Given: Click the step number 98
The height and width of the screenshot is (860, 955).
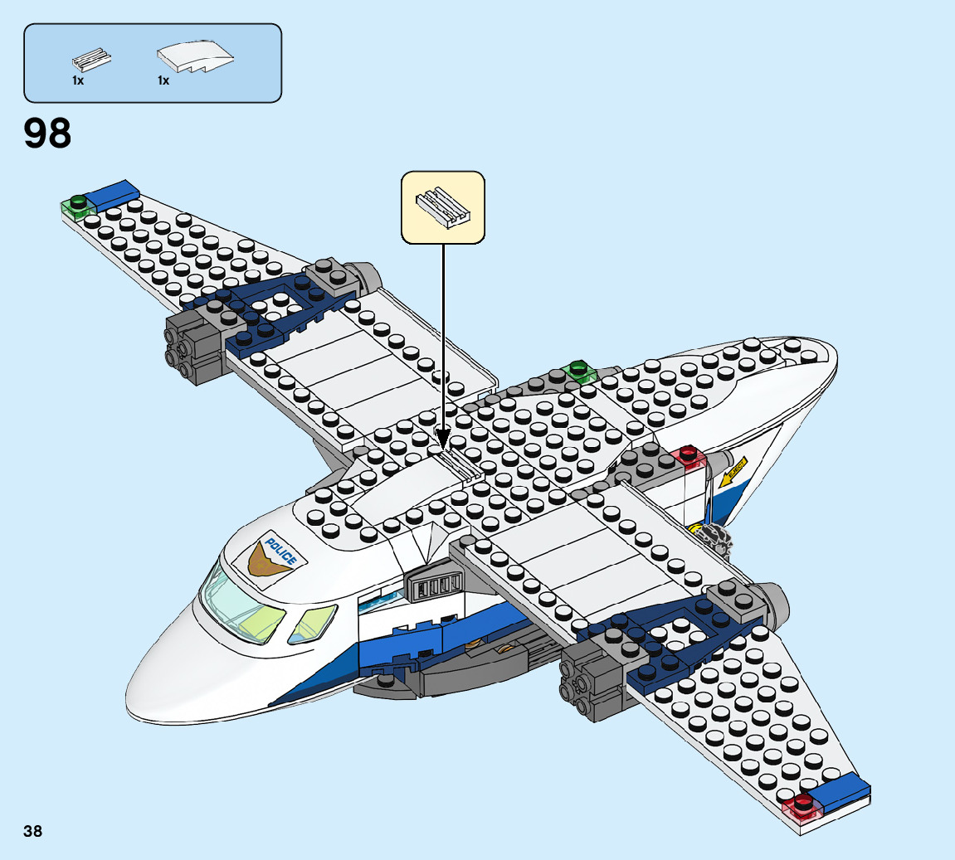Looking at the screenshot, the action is pyautogui.click(x=48, y=134).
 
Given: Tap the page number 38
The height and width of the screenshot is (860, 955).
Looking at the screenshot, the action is pyautogui.click(x=33, y=831).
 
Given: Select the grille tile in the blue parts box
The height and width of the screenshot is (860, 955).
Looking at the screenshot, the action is pyautogui.click(x=91, y=60).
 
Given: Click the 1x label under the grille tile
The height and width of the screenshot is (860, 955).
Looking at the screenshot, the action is pyautogui.click(x=78, y=80).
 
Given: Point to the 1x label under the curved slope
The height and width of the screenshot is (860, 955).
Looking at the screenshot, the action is pyautogui.click(x=163, y=80).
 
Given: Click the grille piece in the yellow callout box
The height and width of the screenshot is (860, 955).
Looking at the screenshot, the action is pyautogui.click(x=442, y=207).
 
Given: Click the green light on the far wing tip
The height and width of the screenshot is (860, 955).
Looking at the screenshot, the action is pyautogui.click(x=78, y=201).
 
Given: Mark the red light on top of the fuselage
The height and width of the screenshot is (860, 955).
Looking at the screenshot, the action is pyautogui.click(x=687, y=455).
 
